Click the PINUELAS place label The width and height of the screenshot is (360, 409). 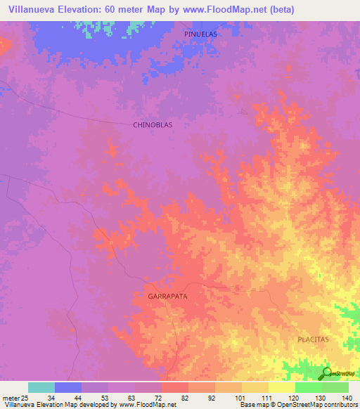pos(201,34)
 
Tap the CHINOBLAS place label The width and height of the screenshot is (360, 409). pos(153,124)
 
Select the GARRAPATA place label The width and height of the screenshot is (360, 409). pos(167,297)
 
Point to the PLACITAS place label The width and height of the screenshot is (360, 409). pos(312,339)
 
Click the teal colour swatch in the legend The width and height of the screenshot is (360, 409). pos(41,387)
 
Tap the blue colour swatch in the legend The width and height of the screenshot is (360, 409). pos(68,387)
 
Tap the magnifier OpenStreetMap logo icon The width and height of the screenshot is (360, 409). pos(326,373)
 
